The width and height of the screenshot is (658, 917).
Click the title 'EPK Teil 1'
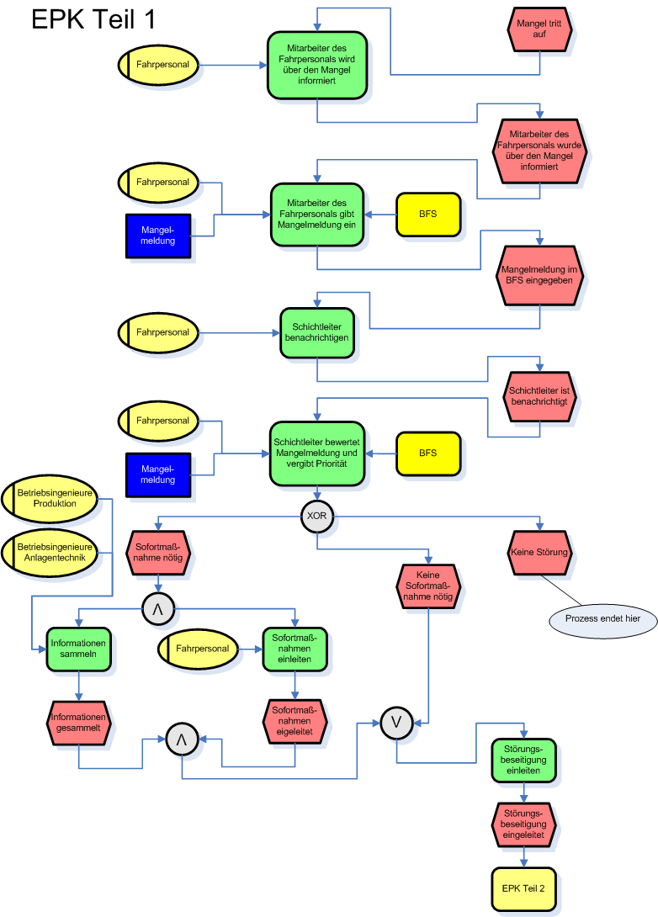click(93, 20)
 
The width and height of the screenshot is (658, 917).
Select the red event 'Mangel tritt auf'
click(540, 29)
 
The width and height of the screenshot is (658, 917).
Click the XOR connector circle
click(317, 515)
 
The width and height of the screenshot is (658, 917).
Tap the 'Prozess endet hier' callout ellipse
click(603, 619)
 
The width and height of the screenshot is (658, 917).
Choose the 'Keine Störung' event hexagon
click(539, 554)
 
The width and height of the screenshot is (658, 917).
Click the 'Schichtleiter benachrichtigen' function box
click(316, 332)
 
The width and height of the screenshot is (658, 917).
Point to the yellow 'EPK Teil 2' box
click(523, 888)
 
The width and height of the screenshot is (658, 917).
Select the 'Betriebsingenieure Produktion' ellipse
click(50, 498)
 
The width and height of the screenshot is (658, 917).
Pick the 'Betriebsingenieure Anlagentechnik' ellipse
click(50, 553)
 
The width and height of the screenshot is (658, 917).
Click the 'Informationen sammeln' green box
click(78, 649)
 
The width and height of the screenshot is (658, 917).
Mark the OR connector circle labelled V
click(395, 721)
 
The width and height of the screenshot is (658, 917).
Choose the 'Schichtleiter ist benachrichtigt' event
click(539, 396)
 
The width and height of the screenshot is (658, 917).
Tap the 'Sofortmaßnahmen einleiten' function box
click(294, 649)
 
